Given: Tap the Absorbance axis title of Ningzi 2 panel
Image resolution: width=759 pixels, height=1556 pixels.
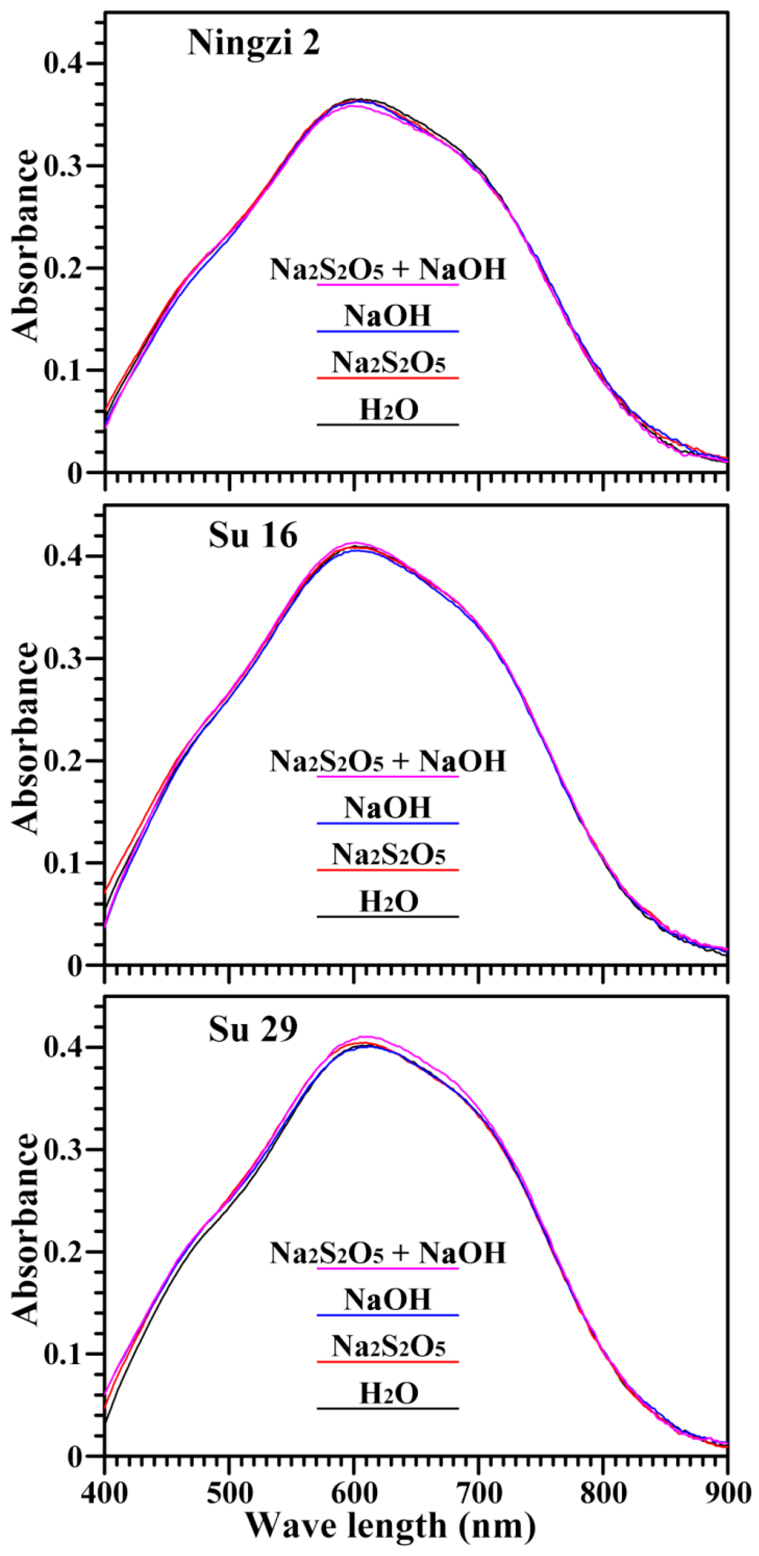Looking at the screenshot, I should click(26, 246).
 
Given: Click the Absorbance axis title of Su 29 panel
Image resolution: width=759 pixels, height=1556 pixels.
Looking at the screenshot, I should click(26, 1230).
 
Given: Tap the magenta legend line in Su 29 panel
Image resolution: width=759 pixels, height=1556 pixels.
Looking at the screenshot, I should click(388, 1268).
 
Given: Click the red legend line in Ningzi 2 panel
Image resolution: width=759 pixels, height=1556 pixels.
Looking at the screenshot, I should click(388, 378).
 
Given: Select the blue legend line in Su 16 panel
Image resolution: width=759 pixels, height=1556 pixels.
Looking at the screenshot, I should click(388, 823).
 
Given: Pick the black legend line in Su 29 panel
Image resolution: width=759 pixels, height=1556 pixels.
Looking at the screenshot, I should click(388, 1409).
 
